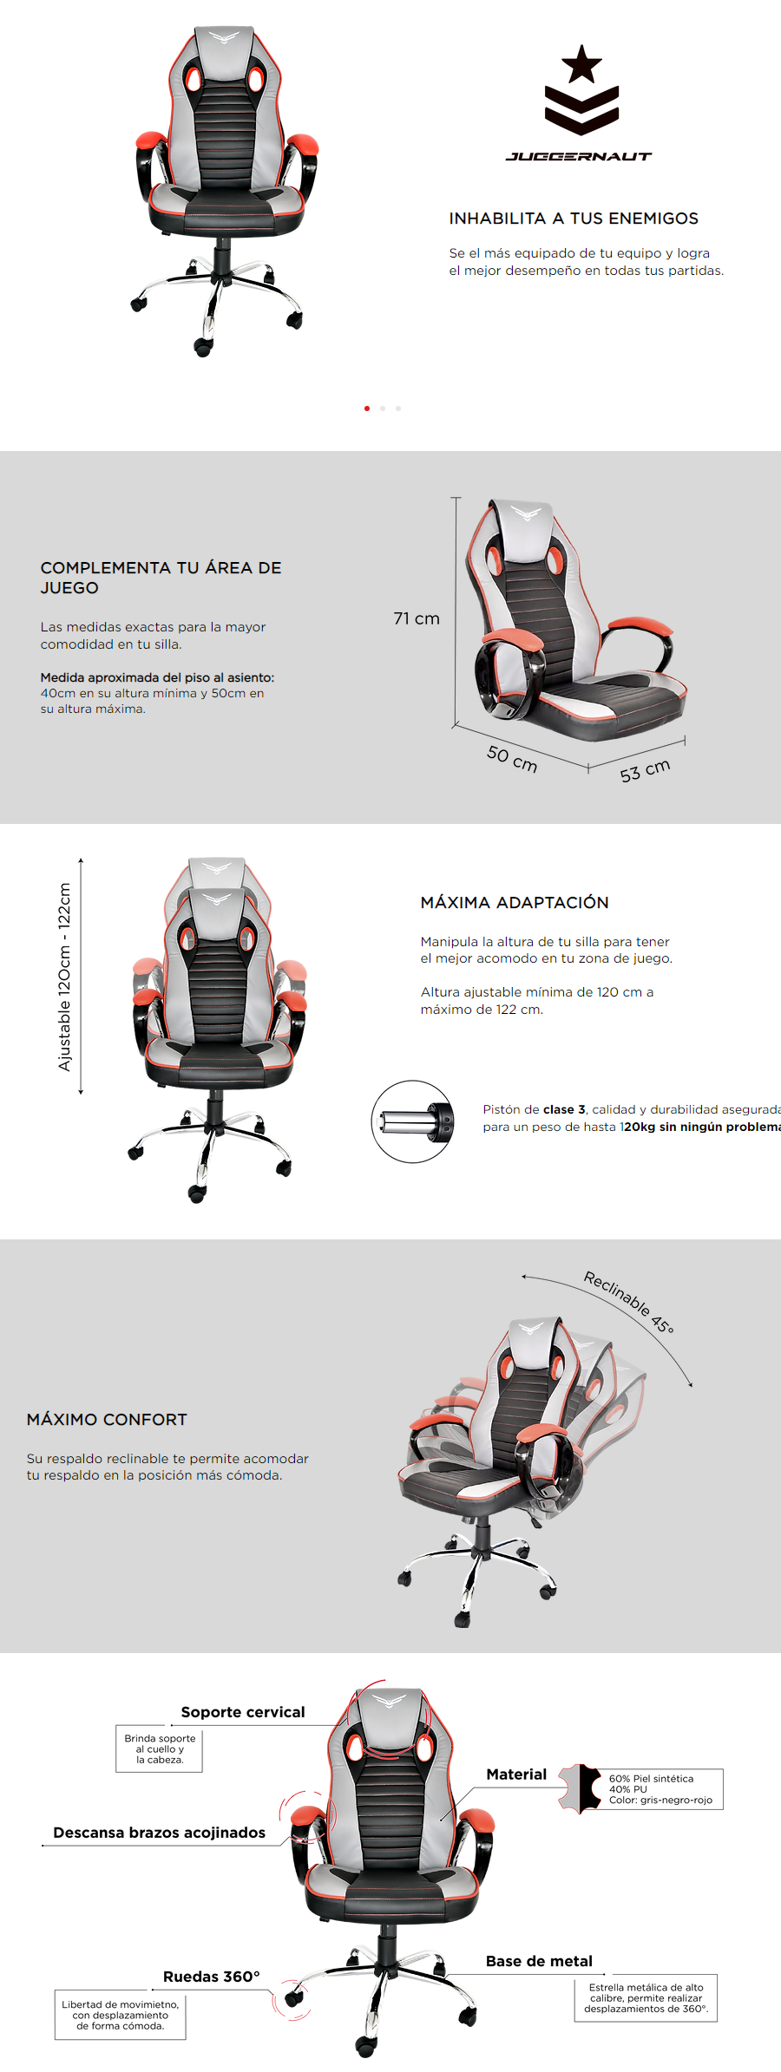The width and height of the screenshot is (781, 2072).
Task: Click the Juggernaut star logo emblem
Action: coord(581,90)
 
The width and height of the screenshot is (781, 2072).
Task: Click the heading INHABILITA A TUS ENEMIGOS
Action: coord(574,219)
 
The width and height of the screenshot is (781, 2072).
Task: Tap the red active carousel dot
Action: coord(367,409)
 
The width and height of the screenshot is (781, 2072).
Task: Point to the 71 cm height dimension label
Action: coord(417,618)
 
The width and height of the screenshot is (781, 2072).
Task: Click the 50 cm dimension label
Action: coord(512,759)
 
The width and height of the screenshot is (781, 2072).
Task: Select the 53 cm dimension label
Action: coord(645,770)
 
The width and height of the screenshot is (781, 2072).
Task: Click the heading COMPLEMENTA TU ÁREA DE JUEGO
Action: coord(161,578)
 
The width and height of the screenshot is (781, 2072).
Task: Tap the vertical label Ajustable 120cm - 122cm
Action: coord(65,977)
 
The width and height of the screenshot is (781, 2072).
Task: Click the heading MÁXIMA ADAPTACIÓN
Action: coord(515,903)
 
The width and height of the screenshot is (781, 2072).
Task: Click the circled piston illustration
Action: coord(412,1121)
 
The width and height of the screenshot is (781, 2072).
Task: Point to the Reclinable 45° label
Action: coord(628,1302)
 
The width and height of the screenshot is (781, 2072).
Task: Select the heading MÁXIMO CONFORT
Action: coord(107,1420)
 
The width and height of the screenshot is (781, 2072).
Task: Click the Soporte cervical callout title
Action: coord(243,1712)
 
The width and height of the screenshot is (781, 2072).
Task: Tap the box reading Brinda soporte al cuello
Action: coord(160,1748)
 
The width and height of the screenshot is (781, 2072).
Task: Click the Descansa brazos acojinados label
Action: coord(160,1833)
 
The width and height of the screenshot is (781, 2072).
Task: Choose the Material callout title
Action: coord(516,1775)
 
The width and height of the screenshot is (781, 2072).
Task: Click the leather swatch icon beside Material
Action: coord(581,1788)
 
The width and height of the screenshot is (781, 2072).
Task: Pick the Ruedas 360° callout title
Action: coord(212,1977)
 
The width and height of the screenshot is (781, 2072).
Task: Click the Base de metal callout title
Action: coord(539,1961)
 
